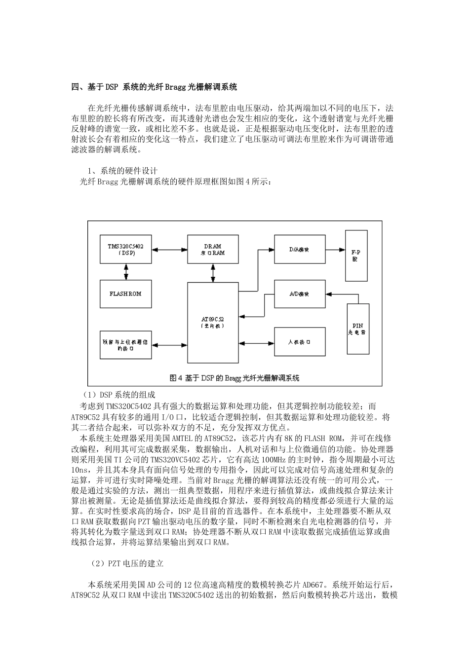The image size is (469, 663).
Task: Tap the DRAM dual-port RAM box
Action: [212, 250]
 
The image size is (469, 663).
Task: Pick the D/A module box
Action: [299, 250]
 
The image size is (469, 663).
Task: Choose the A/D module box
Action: [299, 295]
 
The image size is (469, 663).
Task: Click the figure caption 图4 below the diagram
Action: [234, 378]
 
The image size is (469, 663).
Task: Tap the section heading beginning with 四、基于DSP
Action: [154, 87]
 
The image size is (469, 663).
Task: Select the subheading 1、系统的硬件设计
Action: [122, 171]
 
